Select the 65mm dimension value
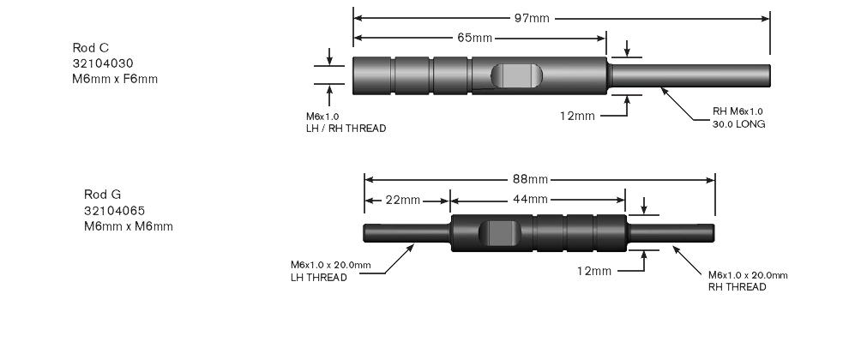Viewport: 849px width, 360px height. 475,38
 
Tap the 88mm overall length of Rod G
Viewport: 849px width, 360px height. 530,179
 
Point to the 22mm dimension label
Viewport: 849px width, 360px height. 402,201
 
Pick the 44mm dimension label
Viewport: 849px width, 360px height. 530,200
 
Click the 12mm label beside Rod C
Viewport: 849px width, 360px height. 577,116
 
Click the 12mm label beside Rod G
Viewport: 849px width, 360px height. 594,271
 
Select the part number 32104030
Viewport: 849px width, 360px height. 103,63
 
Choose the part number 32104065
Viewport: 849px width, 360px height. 114,211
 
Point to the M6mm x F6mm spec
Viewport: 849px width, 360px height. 115,79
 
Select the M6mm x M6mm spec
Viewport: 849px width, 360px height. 129,226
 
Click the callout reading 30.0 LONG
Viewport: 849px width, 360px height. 738,124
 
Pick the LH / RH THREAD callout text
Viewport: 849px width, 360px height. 346,129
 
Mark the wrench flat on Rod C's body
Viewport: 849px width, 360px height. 516,75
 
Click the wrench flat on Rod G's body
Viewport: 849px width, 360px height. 500,233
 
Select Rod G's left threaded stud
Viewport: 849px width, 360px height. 406,233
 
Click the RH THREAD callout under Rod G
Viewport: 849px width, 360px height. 738,287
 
